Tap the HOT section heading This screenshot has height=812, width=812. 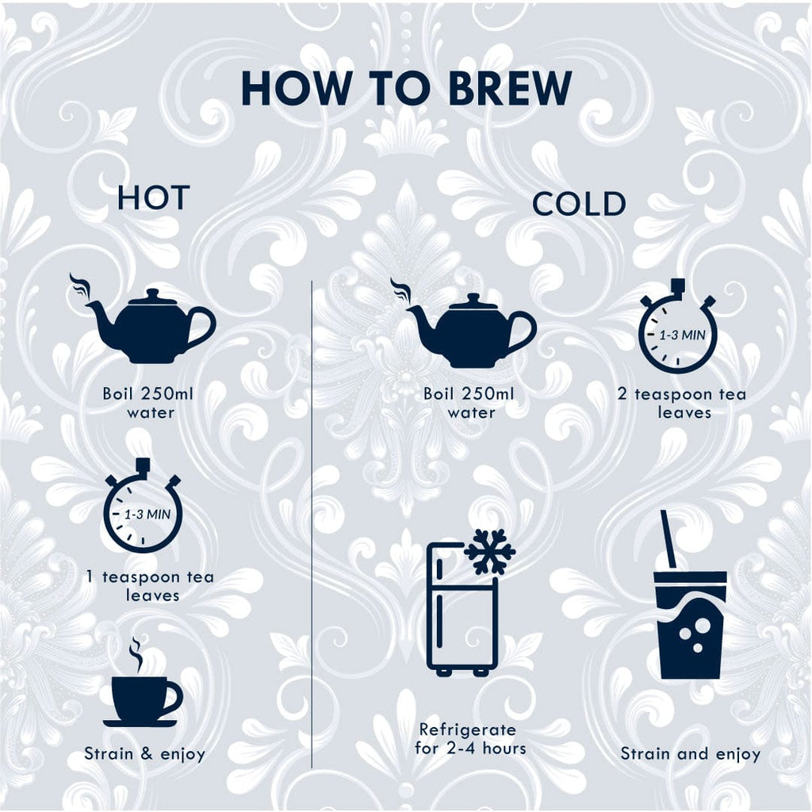[x=153, y=197]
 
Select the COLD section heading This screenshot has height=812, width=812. [x=579, y=204]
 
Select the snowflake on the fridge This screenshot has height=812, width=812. [x=490, y=552]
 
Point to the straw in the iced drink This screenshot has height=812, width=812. [x=668, y=538]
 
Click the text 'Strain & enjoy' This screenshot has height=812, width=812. [x=144, y=753]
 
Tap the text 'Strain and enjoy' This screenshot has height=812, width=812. [x=691, y=753]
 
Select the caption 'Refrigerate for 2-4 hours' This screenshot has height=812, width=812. [x=470, y=739]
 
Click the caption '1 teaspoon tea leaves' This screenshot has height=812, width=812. [x=151, y=586]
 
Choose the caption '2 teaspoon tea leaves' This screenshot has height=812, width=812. [x=682, y=403]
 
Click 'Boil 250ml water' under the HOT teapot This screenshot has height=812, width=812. [x=148, y=403]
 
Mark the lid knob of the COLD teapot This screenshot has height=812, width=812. [x=472, y=298]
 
